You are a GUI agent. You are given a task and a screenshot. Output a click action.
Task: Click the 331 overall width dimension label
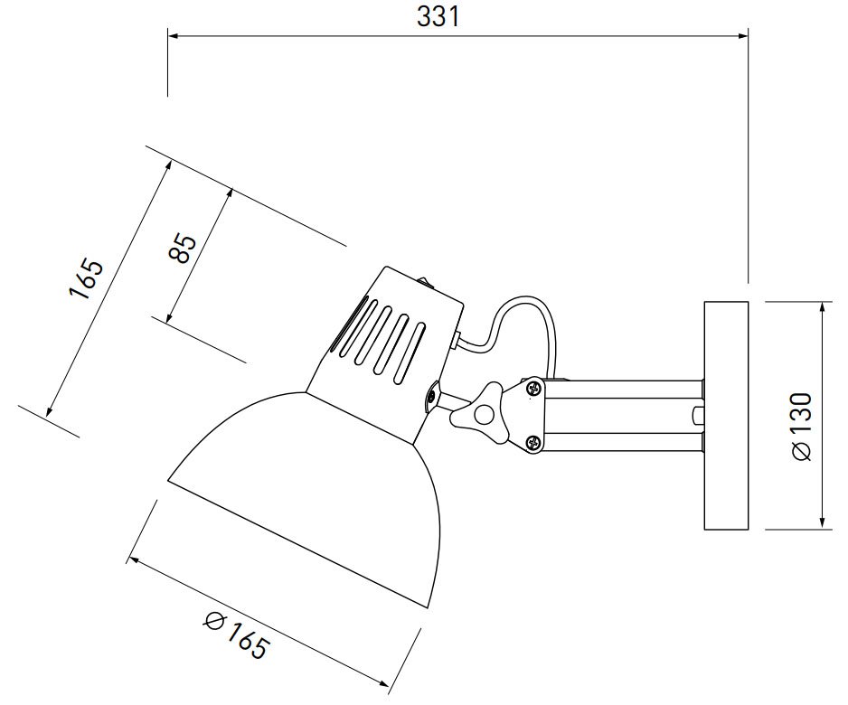tap(438, 16)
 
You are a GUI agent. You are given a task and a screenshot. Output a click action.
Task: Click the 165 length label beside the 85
tap(87, 279)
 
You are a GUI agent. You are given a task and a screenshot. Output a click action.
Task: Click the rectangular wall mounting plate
tap(726, 415)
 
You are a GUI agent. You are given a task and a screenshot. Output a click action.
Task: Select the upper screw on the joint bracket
tap(534, 388)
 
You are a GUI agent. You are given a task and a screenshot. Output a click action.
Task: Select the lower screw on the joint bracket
tap(534, 443)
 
